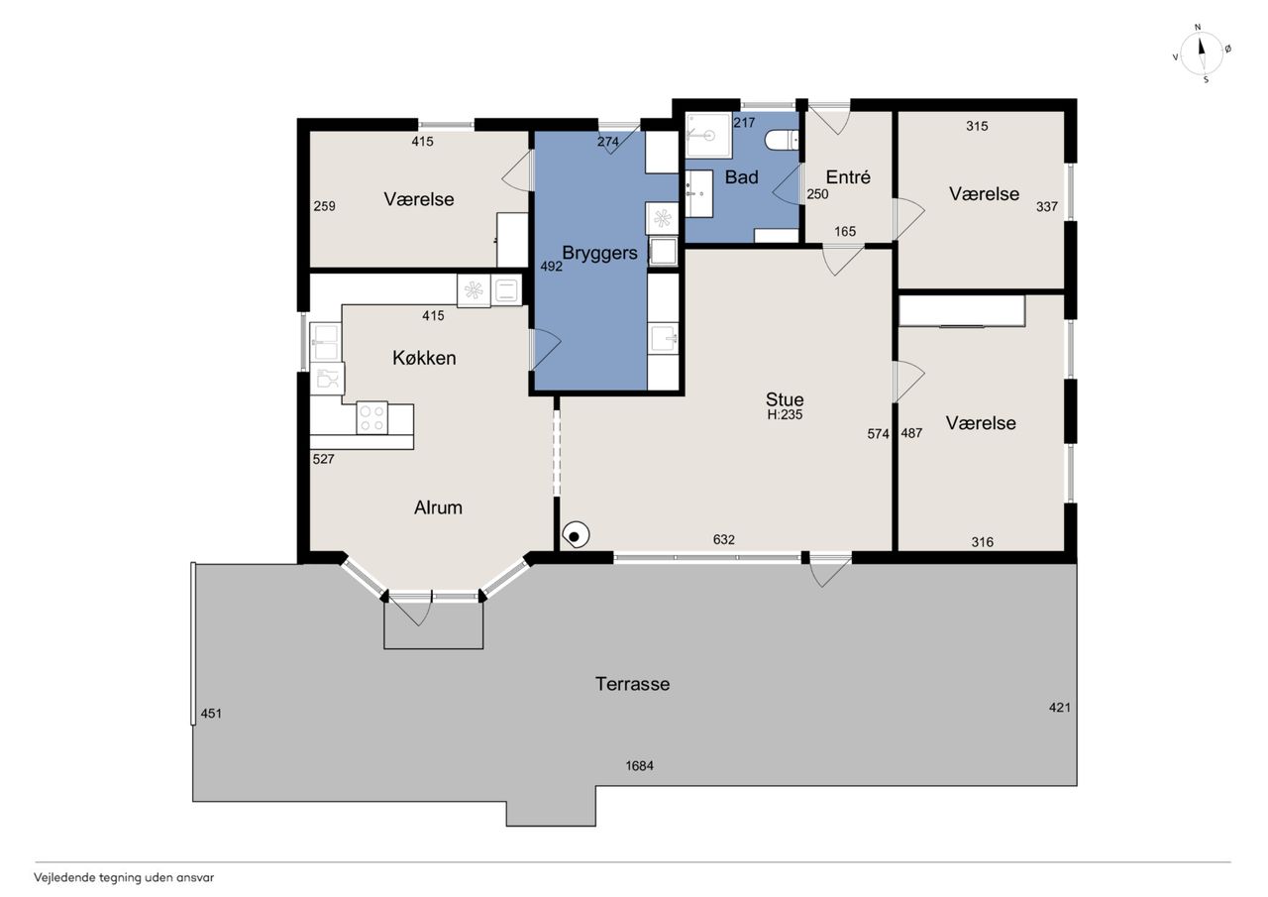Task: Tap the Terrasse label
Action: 632,684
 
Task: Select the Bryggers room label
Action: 599,253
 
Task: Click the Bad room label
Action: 742,177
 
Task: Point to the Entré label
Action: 847,177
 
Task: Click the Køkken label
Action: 424,358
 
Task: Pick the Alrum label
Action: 438,507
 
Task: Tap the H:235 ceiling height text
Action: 785,414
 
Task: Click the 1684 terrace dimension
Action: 639,765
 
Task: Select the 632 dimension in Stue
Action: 724,539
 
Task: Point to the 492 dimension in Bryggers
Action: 551,267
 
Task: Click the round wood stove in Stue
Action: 576,535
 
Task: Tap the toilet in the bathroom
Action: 782,140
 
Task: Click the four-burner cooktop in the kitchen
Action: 371,418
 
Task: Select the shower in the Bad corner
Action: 708,136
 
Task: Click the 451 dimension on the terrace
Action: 211,714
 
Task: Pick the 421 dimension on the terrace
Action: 1060,708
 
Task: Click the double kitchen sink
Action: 326,342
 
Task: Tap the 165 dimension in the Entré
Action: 845,231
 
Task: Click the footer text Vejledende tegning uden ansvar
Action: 124,878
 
